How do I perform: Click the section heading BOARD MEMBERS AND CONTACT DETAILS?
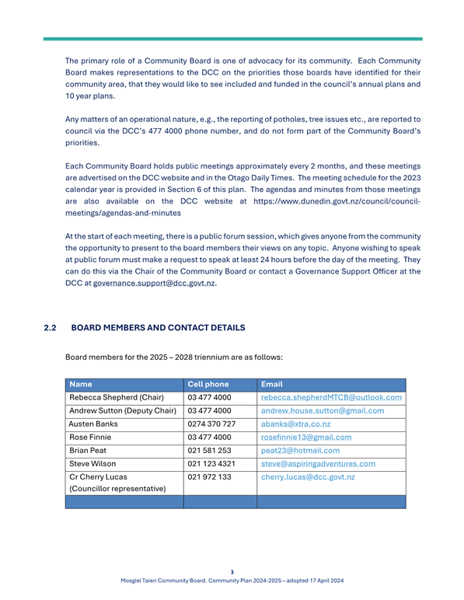click(x=158, y=307)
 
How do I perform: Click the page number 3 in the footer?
click(x=232, y=572)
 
